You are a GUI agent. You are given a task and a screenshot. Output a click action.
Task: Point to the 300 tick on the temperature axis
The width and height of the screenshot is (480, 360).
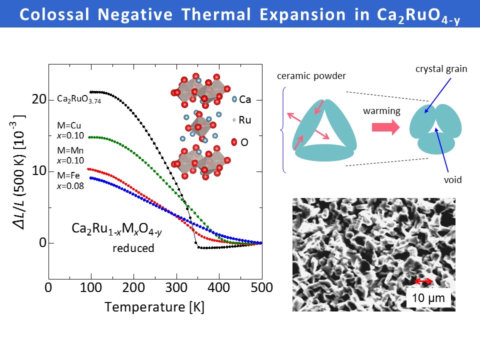(176, 288)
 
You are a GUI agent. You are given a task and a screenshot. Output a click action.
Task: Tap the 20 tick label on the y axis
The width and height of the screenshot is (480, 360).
(39, 100)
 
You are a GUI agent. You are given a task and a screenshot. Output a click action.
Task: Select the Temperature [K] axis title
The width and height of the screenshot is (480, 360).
(154, 306)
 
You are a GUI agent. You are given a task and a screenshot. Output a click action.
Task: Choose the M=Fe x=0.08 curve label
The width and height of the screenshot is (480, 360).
(70, 180)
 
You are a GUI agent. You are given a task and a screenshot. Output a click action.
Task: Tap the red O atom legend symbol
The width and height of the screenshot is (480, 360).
(233, 143)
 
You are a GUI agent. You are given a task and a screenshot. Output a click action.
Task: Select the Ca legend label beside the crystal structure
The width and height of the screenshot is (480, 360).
(245, 100)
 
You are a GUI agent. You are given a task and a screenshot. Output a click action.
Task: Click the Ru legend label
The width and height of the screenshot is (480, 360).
(245, 120)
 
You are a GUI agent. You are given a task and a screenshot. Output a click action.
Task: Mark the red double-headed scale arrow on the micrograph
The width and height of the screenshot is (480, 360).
(424, 282)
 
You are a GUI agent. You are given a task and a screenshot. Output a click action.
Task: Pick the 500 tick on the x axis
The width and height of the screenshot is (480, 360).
(261, 288)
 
